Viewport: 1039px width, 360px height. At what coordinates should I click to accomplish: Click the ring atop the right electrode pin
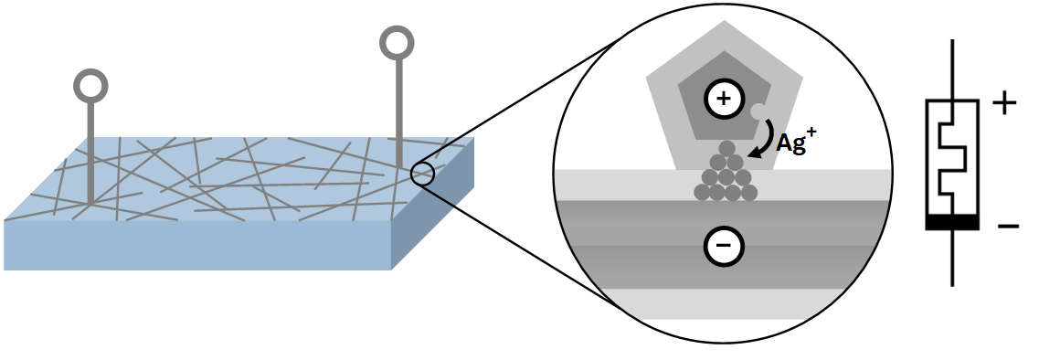(x=398, y=43)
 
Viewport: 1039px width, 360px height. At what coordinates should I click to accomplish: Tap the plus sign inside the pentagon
(x=723, y=99)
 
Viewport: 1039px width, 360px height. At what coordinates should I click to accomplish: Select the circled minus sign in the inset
(x=723, y=245)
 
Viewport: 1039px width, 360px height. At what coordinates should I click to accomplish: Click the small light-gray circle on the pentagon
(x=758, y=112)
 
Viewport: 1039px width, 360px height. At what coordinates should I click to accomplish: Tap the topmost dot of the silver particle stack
(x=727, y=148)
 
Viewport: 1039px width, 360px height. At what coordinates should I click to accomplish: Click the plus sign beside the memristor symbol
(x=1003, y=103)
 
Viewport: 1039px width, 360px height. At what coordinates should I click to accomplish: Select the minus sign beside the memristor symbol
(x=1008, y=224)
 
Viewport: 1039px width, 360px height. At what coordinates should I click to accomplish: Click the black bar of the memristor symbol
(x=953, y=222)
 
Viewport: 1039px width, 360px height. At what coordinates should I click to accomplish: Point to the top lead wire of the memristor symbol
(x=953, y=69)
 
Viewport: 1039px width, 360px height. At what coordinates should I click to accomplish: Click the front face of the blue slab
(x=196, y=244)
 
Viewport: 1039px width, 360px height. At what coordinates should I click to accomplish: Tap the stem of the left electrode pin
(x=90, y=146)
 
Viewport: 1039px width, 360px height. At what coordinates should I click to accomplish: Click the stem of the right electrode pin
(x=398, y=110)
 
